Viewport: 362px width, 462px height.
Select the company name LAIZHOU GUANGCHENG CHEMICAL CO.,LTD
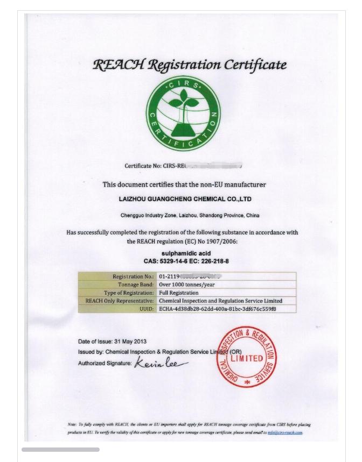[x=185, y=199]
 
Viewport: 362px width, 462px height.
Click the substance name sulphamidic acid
[x=186, y=253]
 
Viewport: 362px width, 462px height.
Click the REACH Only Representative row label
[x=120, y=301]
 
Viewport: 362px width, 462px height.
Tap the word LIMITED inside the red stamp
[x=247, y=358]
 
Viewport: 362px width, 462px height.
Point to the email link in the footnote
[x=285, y=432]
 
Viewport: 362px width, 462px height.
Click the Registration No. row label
[x=133, y=276]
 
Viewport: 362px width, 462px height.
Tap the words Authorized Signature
[x=105, y=364]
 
